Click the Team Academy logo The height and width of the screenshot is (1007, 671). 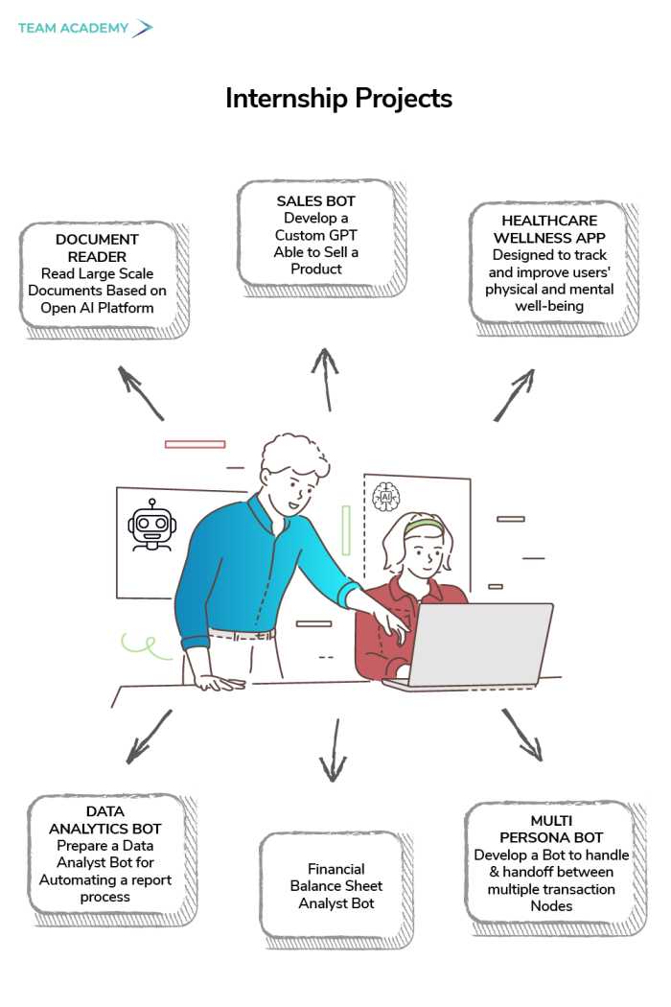coord(84,28)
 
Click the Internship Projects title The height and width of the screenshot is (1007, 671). coord(338,98)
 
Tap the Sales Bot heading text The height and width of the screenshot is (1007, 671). coord(316,201)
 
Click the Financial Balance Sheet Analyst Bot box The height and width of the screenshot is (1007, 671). coord(336,886)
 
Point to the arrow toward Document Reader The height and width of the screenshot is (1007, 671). coord(141,392)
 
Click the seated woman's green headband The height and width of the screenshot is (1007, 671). coord(423,526)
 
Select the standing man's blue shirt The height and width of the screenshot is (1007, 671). coord(251,566)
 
